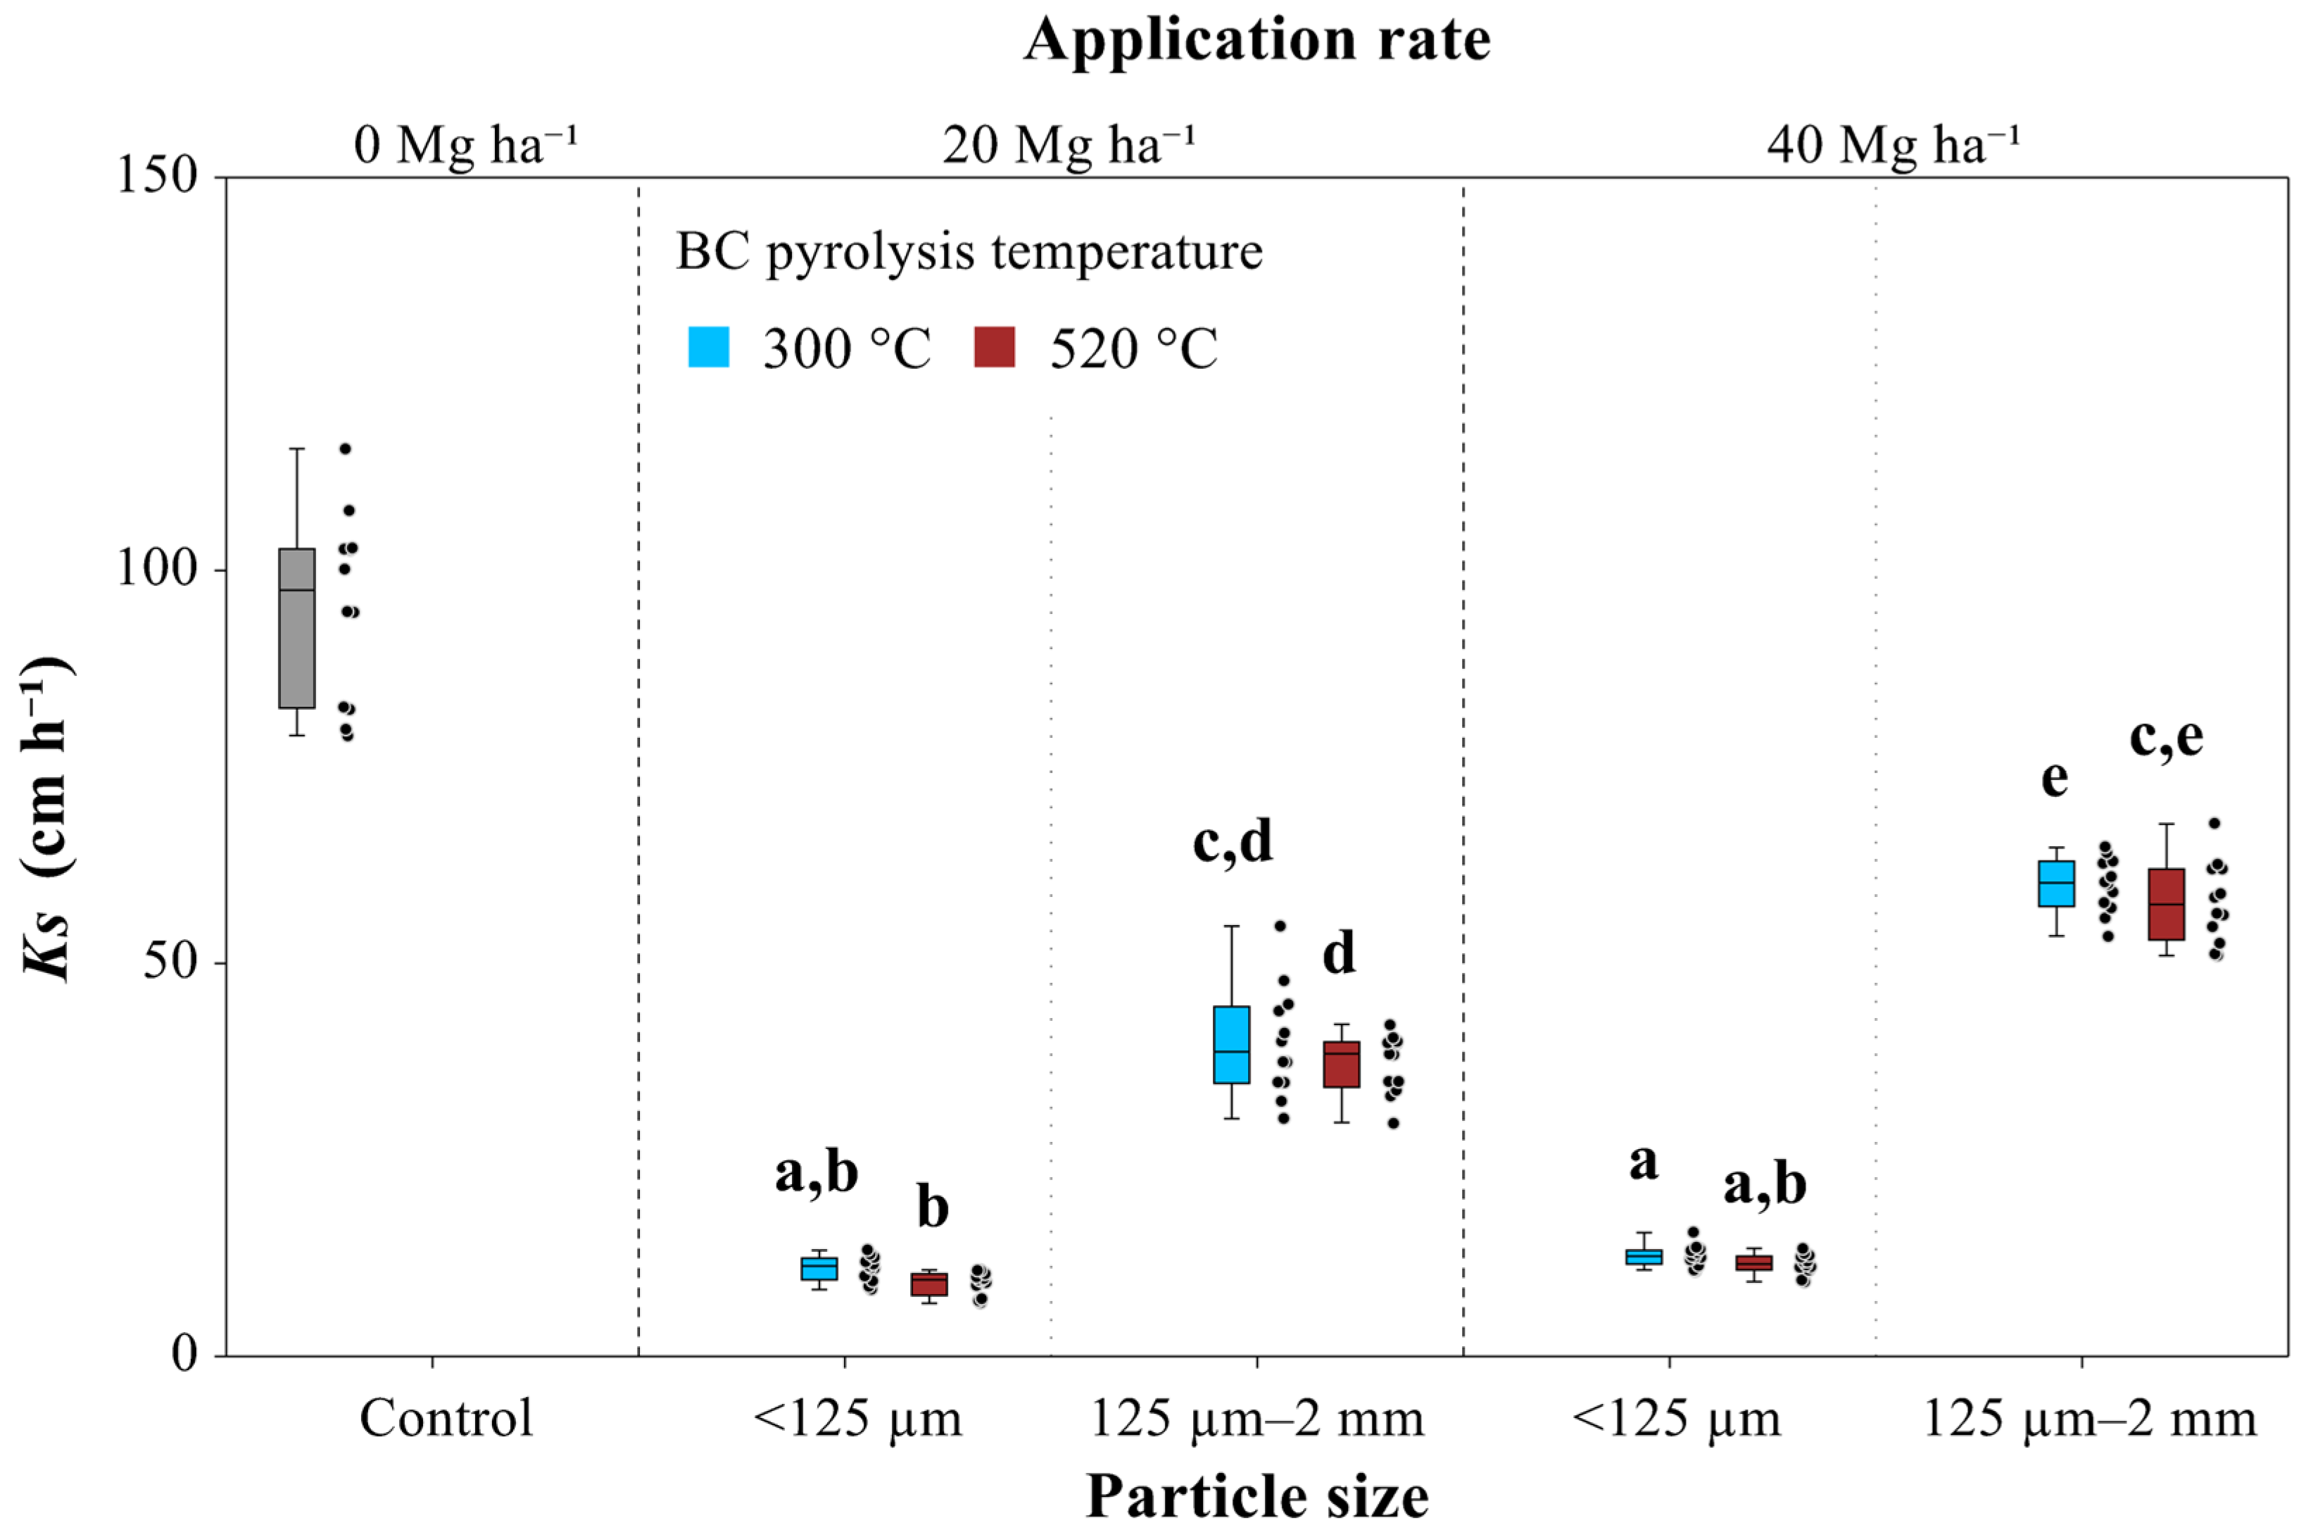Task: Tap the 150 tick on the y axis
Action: [157, 177]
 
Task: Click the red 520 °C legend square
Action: [994, 347]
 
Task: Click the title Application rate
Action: [1256, 41]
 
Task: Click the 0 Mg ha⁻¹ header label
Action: [465, 145]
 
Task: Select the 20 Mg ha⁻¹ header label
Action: [1069, 145]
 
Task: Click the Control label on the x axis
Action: [446, 1419]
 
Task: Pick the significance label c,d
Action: [1232, 841]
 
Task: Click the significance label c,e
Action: [2166, 737]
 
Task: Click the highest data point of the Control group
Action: [345, 449]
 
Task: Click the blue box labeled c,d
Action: [1231, 1045]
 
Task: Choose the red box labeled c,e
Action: [2166, 904]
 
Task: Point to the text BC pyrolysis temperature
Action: [969, 252]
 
